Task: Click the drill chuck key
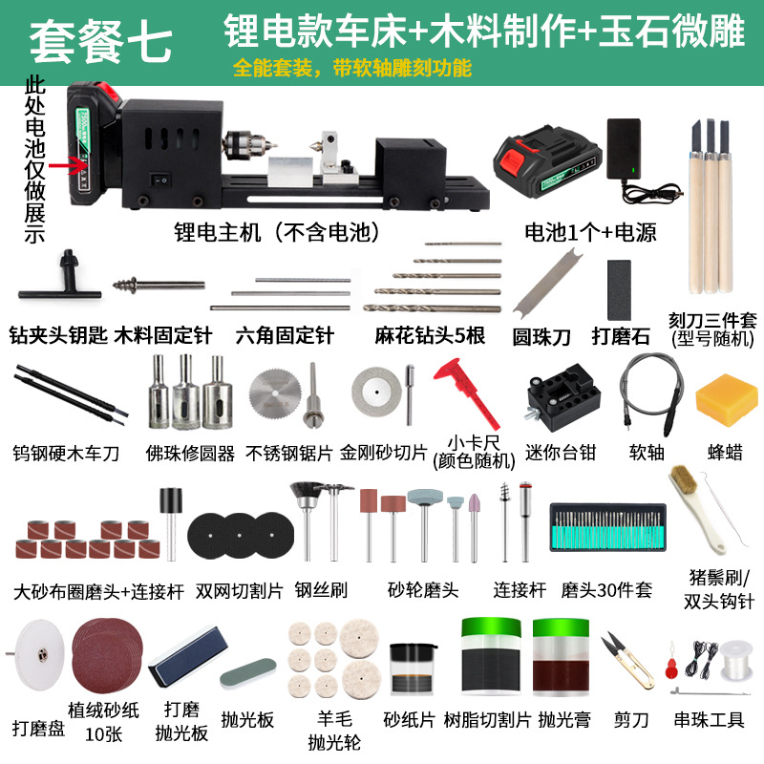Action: (67, 271)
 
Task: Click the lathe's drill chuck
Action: (243, 148)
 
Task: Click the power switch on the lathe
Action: (163, 178)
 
